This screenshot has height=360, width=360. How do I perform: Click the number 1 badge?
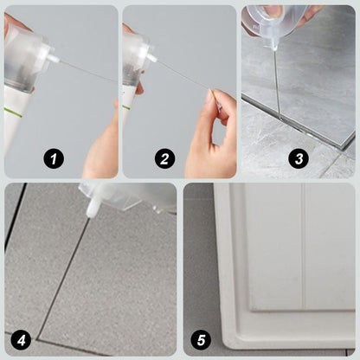(54, 158)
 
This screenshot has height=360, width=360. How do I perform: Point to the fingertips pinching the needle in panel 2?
(216, 107)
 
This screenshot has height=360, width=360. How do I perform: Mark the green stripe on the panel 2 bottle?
(127, 107)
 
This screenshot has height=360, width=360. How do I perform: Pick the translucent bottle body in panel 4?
(130, 196)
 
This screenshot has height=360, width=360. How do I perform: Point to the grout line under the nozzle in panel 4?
(69, 260)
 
